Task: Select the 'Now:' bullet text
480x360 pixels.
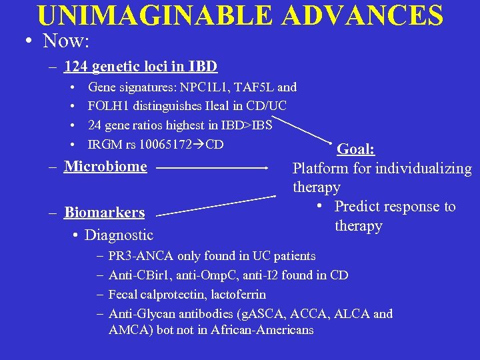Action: [x=66, y=41]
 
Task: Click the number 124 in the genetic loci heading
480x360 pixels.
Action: [x=77, y=66]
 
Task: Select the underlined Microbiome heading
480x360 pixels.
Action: [x=105, y=166]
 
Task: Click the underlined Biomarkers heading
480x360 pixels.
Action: [x=104, y=213]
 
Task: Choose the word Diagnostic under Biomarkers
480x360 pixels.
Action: [x=119, y=235]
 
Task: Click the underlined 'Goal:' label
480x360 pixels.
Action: [x=356, y=149]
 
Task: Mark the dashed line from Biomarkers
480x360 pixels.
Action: [x=220, y=205]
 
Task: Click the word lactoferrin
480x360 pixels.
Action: [x=244, y=294]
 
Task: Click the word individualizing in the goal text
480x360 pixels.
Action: [x=423, y=169]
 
